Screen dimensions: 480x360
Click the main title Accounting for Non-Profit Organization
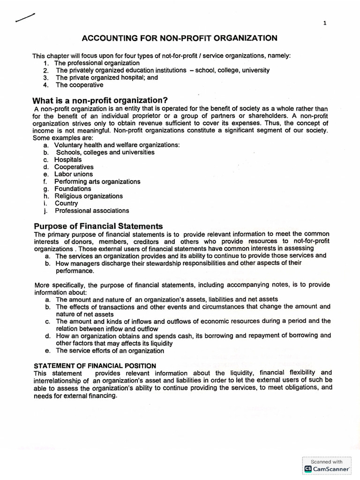click(180, 38)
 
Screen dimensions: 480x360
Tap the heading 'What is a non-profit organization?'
click(100, 100)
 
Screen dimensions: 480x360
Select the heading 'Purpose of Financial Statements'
click(97, 225)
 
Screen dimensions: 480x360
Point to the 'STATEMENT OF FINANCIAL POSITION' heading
click(95, 366)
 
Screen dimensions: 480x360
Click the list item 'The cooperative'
click(80, 85)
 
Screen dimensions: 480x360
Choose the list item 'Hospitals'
click(68, 160)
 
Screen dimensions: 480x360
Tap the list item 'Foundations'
click(73, 189)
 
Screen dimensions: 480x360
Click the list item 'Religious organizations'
click(89, 196)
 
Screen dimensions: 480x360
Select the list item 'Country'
click(67, 203)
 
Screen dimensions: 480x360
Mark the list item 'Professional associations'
click(92, 211)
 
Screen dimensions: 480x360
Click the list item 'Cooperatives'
click(74, 167)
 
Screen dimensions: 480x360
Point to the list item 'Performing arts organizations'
click(97, 181)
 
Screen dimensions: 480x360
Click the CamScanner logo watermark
click(327, 469)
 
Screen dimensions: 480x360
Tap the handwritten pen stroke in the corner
click(25, 18)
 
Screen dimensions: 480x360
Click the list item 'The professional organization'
click(97, 63)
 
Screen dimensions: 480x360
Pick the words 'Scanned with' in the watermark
click(327, 461)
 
